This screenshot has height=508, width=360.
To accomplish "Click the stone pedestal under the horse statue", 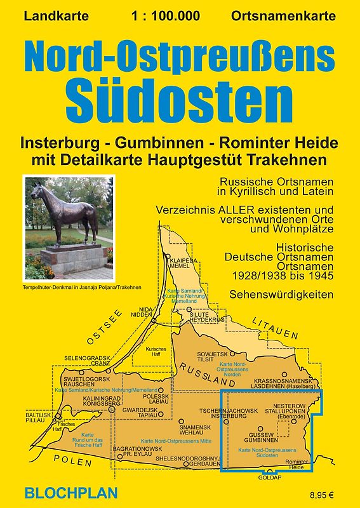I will tap(70, 258).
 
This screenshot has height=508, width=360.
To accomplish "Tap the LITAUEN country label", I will tap(274, 328).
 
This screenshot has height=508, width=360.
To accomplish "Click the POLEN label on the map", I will tap(72, 461).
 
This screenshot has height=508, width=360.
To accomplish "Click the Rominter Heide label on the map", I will tap(298, 465).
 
